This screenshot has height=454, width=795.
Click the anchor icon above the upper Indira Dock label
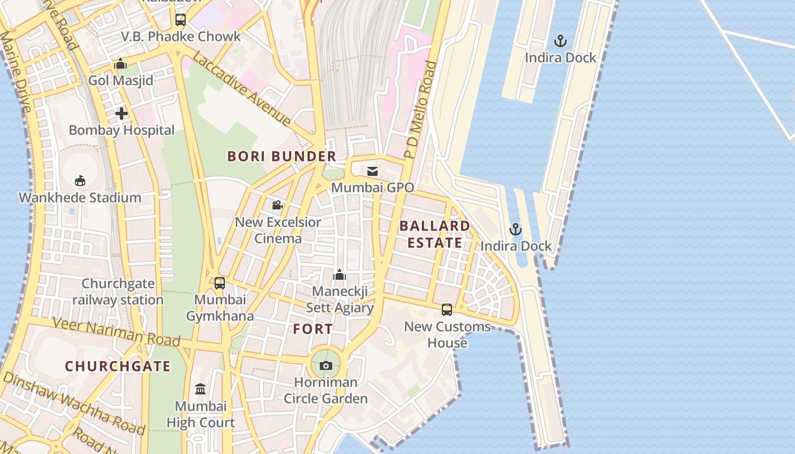[x=560, y=41]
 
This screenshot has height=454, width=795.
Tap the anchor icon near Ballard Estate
[x=515, y=229]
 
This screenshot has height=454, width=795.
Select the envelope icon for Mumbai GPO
[x=373, y=171]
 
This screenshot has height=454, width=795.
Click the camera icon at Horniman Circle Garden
[x=326, y=365]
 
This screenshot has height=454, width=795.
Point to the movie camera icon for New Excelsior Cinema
[x=278, y=205]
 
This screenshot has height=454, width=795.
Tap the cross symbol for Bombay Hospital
[x=122, y=113]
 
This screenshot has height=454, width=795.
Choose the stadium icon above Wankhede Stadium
[x=80, y=181]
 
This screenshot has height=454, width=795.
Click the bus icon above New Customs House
[x=447, y=310]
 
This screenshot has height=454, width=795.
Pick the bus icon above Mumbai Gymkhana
[x=220, y=283]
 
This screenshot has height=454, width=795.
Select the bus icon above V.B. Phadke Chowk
[x=181, y=20]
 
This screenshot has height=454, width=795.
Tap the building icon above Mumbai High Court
[x=200, y=389]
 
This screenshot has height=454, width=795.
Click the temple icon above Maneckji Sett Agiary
[x=340, y=275]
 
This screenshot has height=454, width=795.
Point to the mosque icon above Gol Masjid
[x=120, y=64]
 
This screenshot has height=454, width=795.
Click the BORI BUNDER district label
[x=282, y=157]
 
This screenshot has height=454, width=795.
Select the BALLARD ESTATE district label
[x=435, y=234]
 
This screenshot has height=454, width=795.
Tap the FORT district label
[x=313, y=329]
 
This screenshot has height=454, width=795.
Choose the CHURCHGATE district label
[x=118, y=366]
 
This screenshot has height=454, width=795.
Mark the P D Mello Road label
[x=420, y=110]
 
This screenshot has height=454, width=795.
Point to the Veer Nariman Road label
[x=116, y=332]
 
